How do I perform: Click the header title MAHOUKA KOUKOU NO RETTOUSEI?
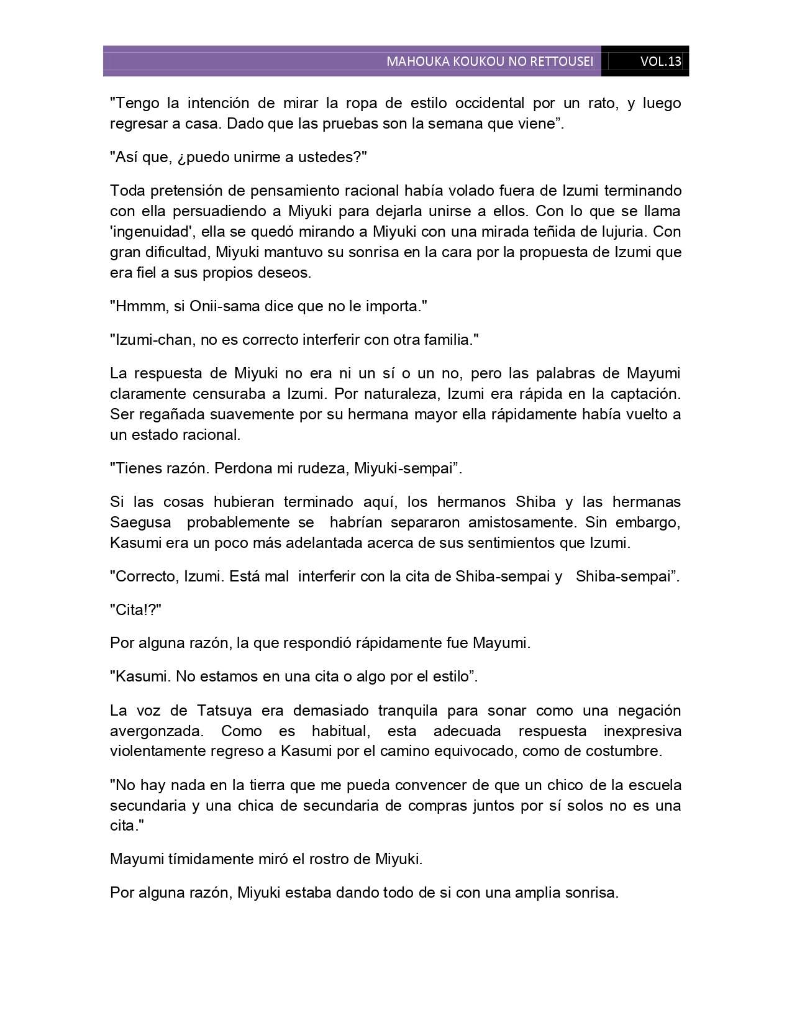489,61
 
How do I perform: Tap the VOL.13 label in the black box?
660,61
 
